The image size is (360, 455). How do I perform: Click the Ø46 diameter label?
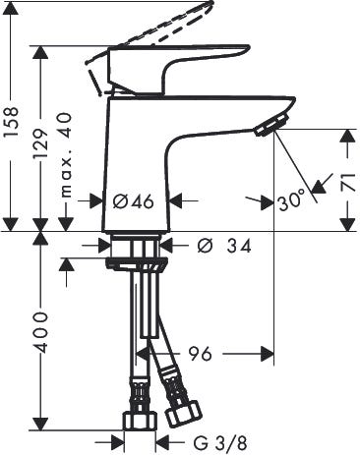click(x=132, y=202)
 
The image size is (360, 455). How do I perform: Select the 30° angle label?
click(x=291, y=202)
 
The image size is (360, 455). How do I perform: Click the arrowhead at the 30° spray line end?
click(x=313, y=189)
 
